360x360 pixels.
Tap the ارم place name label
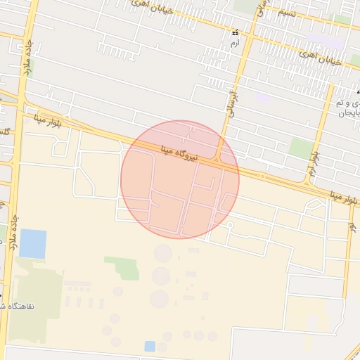coord(235,43)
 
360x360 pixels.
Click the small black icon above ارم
coord(235,32)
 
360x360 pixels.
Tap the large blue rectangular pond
coord(32,244)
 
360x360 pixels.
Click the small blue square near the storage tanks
coord(150,346)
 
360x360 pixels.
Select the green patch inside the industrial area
coord(123,267)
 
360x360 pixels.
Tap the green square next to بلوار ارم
coord(302,148)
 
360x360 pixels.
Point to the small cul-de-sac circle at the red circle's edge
coord(229,225)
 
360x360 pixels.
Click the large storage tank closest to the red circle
coord(163,252)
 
